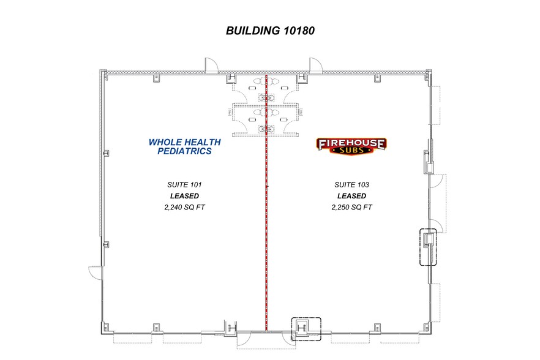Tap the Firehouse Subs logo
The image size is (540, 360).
pyautogui.click(x=351, y=146)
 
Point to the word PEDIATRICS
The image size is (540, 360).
pyautogui.click(x=184, y=151)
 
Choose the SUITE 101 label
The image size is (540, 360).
pyautogui.click(x=184, y=184)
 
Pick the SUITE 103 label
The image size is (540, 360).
pyautogui.click(x=351, y=184)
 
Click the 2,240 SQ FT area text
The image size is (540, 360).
pyautogui.click(x=184, y=207)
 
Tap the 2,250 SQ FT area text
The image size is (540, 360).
pyautogui.click(x=351, y=207)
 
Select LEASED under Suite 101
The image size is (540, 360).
pyautogui.click(x=184, y=196)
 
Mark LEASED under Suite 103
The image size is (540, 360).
pyautogui.click(x=351, y=196)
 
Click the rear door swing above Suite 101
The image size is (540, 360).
pyautogui.click(x=209, y=64)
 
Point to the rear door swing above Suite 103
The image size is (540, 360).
pyautogui.click(x=316, y=64)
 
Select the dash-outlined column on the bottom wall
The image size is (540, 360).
pyautogui.click(x=306, y=328)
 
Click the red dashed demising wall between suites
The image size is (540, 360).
pyautogui.click(x=266, y=233)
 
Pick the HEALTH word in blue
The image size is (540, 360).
pyautogui.click(x=203, y=142)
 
